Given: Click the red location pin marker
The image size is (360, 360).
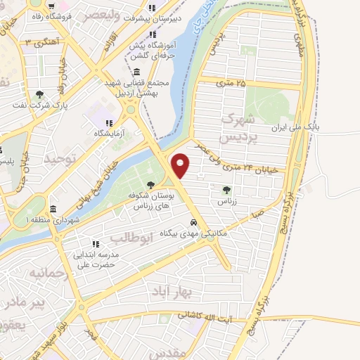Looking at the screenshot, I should [x=181, y=165].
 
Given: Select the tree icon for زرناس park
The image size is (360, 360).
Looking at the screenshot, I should [x=226, y=190].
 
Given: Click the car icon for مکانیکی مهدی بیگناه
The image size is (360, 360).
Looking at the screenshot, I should [x=203, y=224].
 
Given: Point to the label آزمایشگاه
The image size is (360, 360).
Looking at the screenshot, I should [x=111, y=133].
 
